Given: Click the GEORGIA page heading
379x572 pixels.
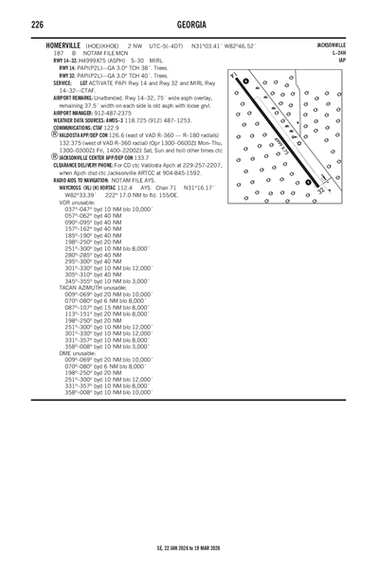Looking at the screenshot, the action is click(x=189, y=25).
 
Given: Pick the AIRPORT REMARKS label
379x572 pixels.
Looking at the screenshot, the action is click(x=73, y=97).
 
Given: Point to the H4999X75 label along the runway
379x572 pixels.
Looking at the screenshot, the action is click(x=283, y=145).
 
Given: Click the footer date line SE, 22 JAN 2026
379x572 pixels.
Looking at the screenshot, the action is click(x=189, y=546).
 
